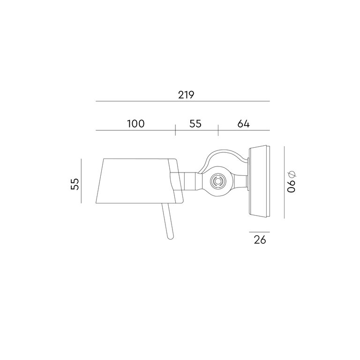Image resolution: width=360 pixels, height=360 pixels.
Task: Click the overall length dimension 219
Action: [186, 94]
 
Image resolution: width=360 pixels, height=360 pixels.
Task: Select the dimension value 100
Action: [135, 124]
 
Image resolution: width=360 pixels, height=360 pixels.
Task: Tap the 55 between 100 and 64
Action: [195, 124]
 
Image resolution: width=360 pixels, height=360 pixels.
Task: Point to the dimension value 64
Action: [243, 124]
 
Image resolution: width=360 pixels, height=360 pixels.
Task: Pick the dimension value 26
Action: [260, 240]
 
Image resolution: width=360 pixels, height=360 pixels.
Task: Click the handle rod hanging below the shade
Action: [167, 220]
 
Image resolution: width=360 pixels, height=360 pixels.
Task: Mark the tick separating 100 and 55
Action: [175, 130]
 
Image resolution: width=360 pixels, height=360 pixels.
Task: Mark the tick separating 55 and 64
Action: [218, 130]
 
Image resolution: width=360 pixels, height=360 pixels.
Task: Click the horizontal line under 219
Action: [183, 101]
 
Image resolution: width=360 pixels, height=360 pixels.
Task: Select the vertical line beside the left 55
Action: [81, 181]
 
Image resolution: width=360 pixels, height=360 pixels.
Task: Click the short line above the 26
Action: [260, 232]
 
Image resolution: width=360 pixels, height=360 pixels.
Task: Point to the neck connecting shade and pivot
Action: [190, 180]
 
